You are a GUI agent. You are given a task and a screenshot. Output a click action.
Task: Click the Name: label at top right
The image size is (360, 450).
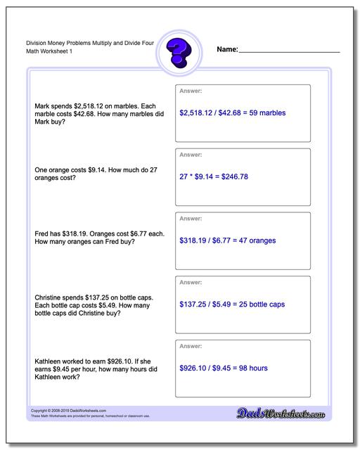pos(227,50)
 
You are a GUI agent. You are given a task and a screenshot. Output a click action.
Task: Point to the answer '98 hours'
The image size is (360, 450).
pos(252,368)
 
